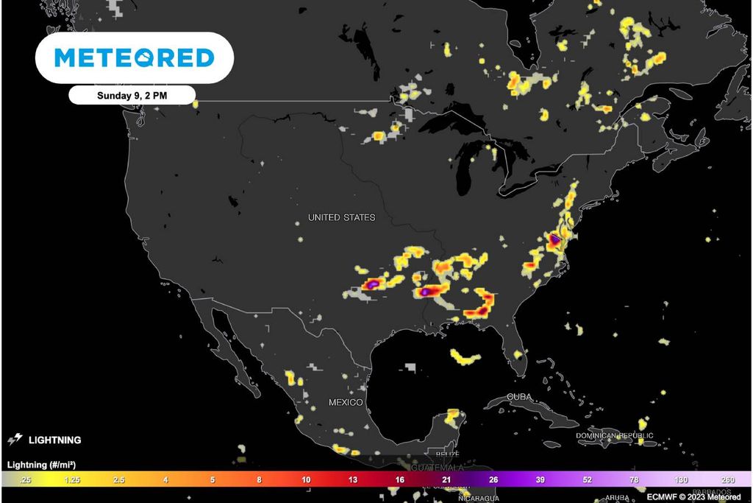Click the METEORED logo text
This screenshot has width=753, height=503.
pyautogui.click(x=135, y=57)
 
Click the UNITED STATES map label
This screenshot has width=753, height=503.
pyautogui.click(x=341, y=217)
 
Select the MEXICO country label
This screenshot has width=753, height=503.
pyautogui.click(x=346, y=403)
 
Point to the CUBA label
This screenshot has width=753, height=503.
pyautogui.click(x=519, y=398)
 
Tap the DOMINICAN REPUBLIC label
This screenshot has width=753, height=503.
pyautogui.click(x=615, y=436)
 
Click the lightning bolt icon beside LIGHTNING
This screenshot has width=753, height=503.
pyautogui.click(x=15, y=440)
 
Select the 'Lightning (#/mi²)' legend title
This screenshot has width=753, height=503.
pyautogui.click(x=42, y=465)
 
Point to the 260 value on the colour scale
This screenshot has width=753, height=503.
pyautogui.click(x=728, y=480)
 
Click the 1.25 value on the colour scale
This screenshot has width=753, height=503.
pyautogui.click(x=72, y=480)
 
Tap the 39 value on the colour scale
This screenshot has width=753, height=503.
pyautogui.click(x=540, y=480)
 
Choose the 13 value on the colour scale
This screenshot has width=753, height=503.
pyautogui.click(x=353, y=480)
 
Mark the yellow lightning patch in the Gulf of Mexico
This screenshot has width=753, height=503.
pyautogui.click(x=465, y=358)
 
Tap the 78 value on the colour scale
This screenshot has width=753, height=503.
pyautogui.click(x=634, y=480)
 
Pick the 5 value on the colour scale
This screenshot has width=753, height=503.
pyautogui.click(x=213, y=480)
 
